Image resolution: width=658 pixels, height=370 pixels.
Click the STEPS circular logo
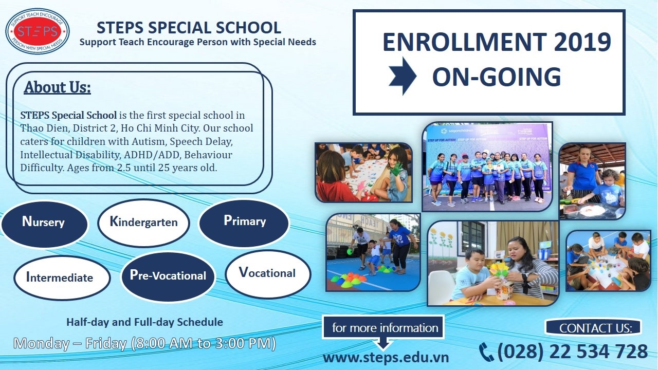[x=38, y=31]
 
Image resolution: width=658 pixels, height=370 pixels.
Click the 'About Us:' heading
[x=57, y=87]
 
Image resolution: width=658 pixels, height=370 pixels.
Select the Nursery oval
[x=44, y=223]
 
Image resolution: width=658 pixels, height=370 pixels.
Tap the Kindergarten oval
[x=143, y=223]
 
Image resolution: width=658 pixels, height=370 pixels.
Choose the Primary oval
[x=244, y=221]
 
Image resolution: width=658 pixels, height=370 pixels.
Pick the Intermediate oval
[x=60, y=278]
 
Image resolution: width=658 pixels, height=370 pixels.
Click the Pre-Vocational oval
[x=168, y=275]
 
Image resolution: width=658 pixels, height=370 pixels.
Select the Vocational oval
[x=267, y=273]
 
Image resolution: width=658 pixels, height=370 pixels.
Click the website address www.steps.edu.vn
[x=386, y=357]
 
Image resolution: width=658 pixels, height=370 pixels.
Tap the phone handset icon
[x=486, y=352]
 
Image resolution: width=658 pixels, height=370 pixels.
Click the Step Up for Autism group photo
[x=487, y=166]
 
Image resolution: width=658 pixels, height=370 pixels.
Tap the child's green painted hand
[x=396, y=168]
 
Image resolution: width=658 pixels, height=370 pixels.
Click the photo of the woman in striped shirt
[x=492, y=263]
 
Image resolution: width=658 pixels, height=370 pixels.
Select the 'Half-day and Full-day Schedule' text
[x=144, y=322]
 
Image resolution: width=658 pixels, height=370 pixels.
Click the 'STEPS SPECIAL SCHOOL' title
[x=189, y=27]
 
